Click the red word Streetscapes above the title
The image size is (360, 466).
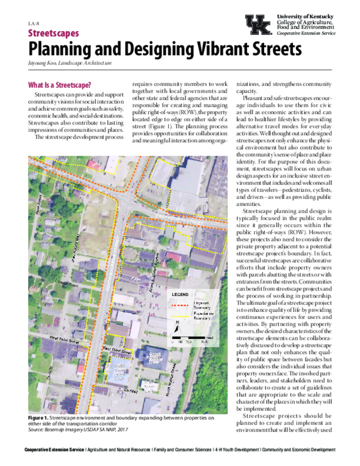pos(53,33)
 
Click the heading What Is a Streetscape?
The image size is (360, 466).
pos(60,85)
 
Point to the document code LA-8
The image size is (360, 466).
pos(33,23)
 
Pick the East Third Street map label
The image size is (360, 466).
pos(117,350)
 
